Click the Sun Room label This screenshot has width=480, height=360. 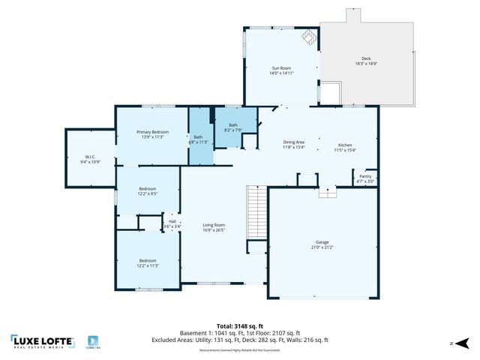(x=280, y=70)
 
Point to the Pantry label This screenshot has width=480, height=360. (x=364, y=178)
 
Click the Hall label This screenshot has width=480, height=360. (x=172, y=223)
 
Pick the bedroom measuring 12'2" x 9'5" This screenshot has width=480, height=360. (x=147, y=190)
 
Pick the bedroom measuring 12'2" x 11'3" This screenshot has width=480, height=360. (x=147, y=262)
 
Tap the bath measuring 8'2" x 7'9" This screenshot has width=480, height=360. (x=233, y=128)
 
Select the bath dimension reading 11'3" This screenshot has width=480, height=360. (x=199, y=139)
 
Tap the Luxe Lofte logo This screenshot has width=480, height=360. (x=42, y=341)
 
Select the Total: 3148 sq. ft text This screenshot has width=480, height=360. (x=239, y=326)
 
